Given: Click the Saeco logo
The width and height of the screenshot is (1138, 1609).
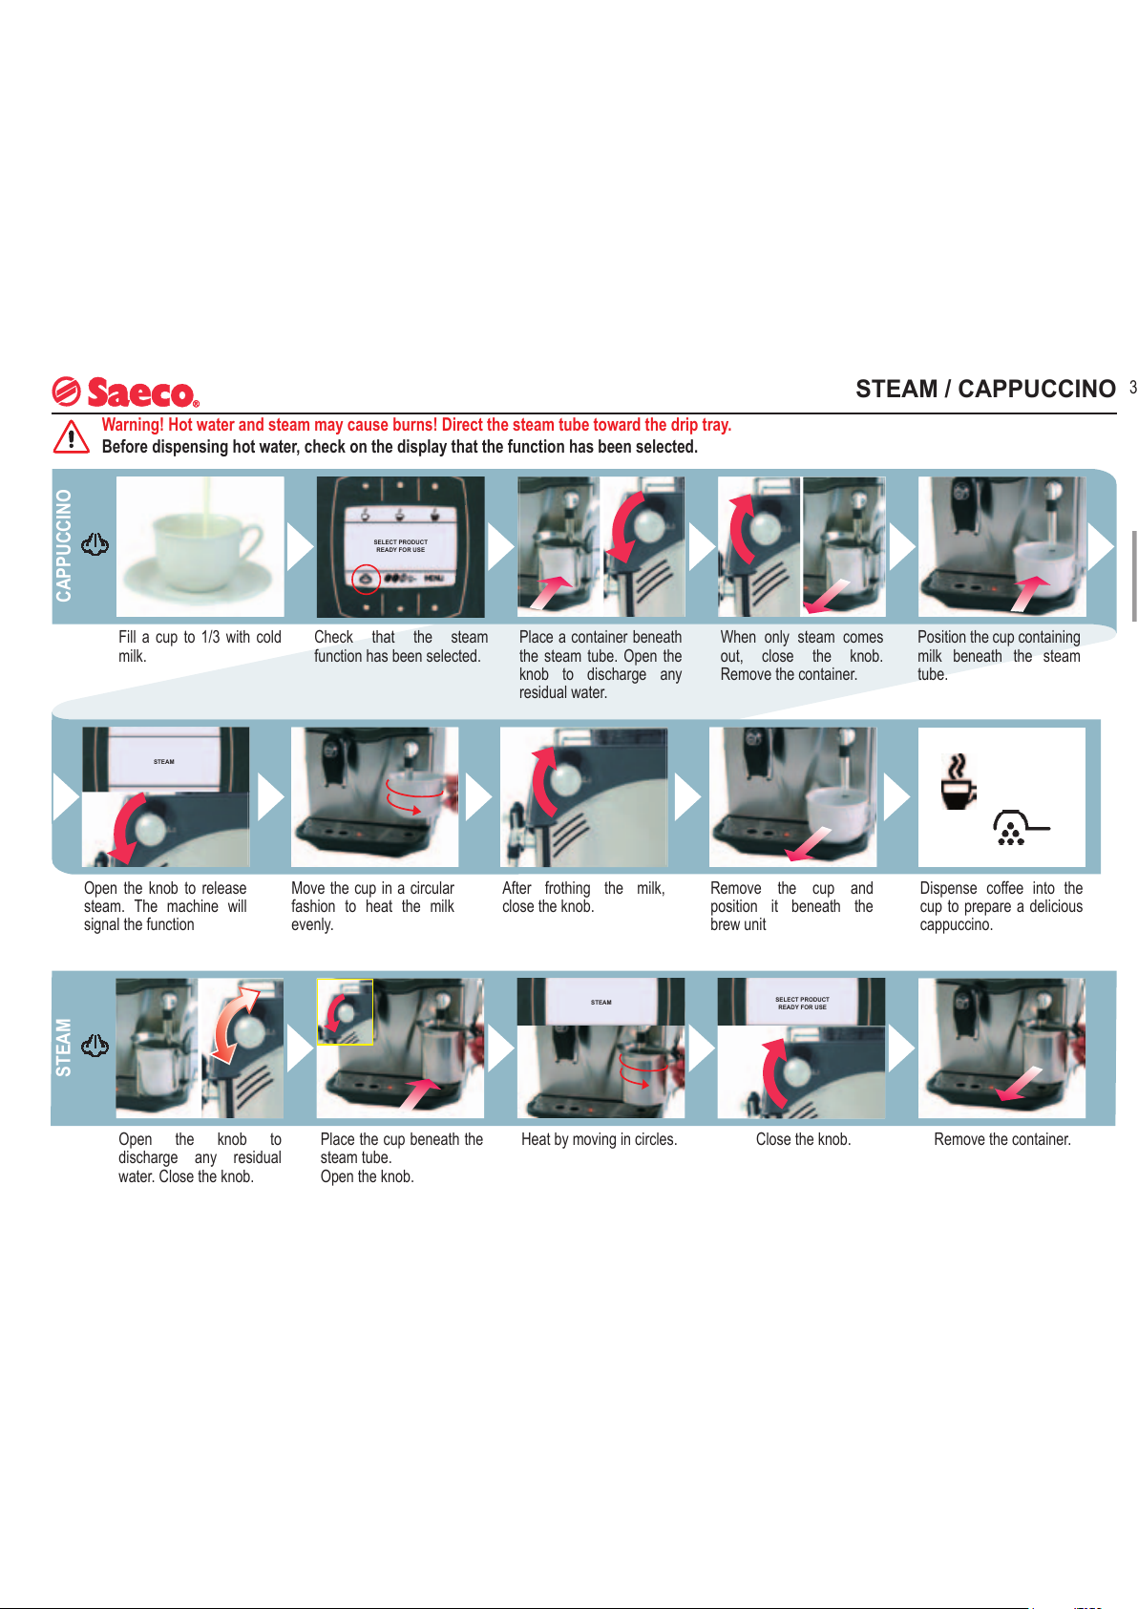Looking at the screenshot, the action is click(126, 392).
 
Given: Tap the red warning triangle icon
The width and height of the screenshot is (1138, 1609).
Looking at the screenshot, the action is click(71, 436).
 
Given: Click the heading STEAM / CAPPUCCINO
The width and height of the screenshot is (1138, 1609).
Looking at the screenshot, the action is click(985, 389).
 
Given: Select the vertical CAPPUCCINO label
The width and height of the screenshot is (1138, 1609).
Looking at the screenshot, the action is click(64, 545).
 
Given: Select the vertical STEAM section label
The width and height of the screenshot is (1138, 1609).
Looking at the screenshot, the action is click(64, 1047).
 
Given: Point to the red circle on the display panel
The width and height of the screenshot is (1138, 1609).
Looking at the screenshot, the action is click(366, 579).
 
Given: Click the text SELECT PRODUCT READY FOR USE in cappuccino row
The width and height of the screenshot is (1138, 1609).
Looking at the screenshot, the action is click(401, 546).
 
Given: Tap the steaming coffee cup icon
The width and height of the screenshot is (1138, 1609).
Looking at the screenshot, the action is click(958, 781).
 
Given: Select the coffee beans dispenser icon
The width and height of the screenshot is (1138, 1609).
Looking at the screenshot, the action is click(1020, 828).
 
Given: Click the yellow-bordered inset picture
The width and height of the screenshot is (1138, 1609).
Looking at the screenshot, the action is click(346, 1011).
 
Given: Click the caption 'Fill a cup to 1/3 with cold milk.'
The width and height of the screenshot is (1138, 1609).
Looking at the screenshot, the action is click(200, 646).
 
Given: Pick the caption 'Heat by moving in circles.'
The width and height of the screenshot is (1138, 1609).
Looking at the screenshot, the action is click(599, 1139).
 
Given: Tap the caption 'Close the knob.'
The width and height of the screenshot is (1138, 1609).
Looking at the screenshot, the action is click(803, 1139).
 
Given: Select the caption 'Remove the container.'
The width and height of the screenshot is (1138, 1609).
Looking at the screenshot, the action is click(1002, 1139).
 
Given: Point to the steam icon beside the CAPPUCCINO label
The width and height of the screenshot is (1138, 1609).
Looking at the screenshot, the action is click(95, 544).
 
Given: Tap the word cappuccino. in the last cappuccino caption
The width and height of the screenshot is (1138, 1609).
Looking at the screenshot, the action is click(957, 925).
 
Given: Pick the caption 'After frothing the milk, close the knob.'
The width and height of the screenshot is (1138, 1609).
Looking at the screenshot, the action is click(583, 898).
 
